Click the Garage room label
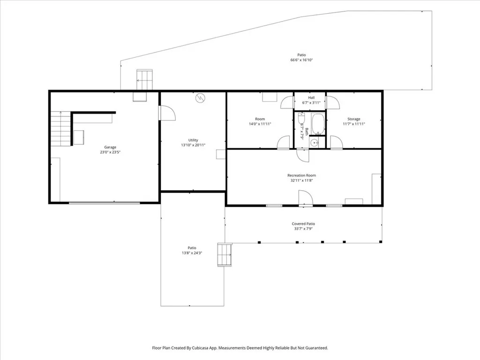pos(110,147)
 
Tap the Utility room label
pos(193,140)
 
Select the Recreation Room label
pos(301,175)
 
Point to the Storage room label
pos(354,119)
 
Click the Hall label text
pos(311,97)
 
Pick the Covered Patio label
pos(303,224)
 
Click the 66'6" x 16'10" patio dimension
pos(301,60)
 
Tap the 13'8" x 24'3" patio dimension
pos(192,253)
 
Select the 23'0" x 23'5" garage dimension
pos(110,152)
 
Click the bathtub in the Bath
pos(318,124)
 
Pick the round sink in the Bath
pos(314,142)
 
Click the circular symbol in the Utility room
pos(200,97)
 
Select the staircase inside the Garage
pos(61,129)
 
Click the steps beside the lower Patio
pos(225,255)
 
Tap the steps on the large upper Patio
pos(144,80)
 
